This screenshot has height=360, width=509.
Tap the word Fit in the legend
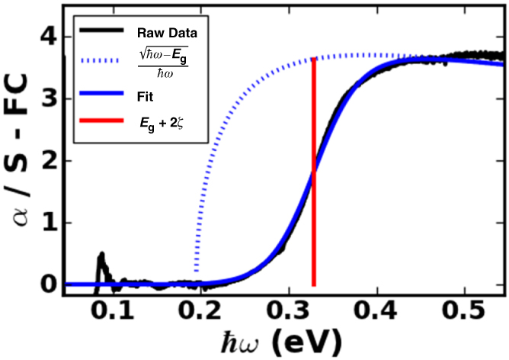[145, 96]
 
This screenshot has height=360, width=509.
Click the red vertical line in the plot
[313, 191]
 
